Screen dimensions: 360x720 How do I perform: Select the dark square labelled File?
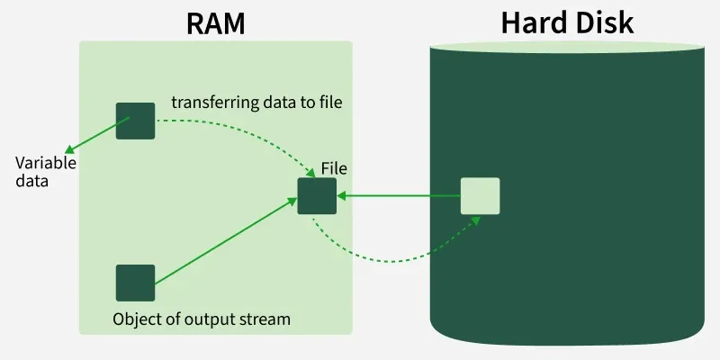coord(317,196)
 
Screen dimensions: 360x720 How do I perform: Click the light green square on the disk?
coord(480,195)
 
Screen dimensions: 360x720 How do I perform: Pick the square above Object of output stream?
coord(135,283)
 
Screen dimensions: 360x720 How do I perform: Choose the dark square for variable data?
coord(135,121)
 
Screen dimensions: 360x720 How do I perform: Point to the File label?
coord(334,168)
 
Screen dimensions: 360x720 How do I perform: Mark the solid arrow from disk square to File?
coord(400,195)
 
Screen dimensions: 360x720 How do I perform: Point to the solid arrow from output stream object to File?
coord(225,245)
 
